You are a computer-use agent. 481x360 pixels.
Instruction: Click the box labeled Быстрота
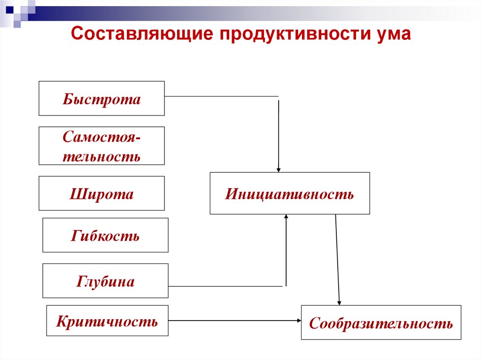[x=101, y=99]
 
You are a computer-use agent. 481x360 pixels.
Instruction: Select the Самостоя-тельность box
[x=101, y=146]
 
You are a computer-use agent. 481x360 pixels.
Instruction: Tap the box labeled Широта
[x=101, y=193]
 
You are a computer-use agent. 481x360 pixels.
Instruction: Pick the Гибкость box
[x=105, y=235]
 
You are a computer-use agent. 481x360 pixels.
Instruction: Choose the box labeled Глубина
[x=105, y=281]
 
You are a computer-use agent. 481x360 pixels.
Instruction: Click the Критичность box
[x=107, y=321]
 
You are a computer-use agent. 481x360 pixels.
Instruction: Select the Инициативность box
[x=289, y=193]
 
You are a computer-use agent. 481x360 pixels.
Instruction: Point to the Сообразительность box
[x=381, y=322]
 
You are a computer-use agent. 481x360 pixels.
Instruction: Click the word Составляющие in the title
[x=140, y=35]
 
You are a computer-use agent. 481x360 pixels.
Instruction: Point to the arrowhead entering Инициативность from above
[x=279, y=169]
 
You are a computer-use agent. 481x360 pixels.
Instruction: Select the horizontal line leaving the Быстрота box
[x=221, y=96]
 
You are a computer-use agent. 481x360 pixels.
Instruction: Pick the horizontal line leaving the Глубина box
[x=225, y=286]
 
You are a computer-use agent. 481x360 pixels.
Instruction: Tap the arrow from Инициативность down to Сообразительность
[x=337, y=258]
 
